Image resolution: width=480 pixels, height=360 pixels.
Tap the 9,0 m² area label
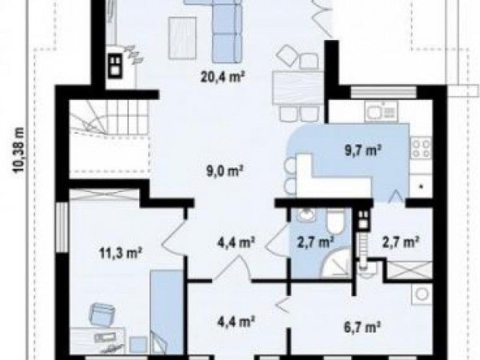[225, 171]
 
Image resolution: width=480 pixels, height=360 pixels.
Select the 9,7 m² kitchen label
[363, 150]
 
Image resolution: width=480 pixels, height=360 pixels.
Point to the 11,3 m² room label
[120, 254]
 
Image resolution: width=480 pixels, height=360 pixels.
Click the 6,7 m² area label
[362, 327]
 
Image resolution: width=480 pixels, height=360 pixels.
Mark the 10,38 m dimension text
[19, 150]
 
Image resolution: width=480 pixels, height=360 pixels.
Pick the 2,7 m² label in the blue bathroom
[315, 242]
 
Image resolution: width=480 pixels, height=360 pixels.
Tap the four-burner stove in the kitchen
[421, 147]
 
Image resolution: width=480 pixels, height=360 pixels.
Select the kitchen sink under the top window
[381, 111]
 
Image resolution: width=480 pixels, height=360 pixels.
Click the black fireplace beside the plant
[115, 66]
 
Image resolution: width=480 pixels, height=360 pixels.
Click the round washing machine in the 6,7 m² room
[422, 294]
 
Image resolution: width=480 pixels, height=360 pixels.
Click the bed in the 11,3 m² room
[166, 312]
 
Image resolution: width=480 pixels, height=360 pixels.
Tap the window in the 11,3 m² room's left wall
[62, 227]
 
